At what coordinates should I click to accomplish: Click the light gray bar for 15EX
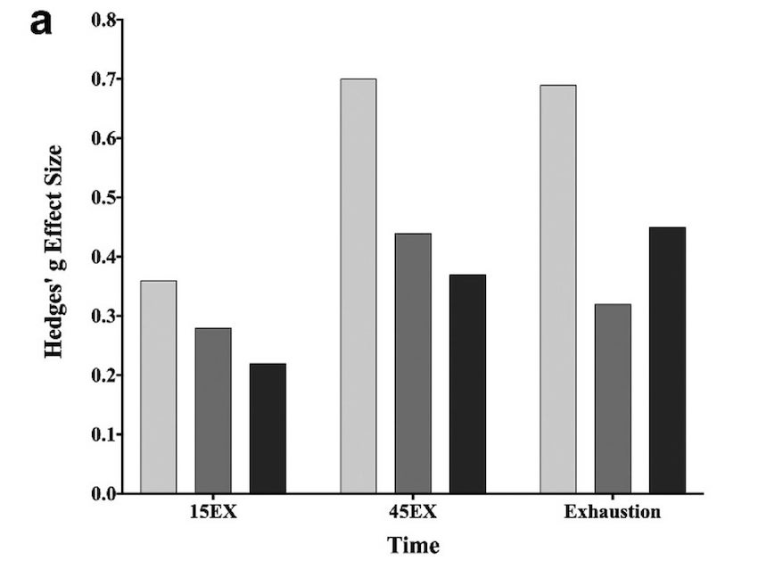pyautogui.click(x=158, y=387)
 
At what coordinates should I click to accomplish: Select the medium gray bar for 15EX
pyautogui.click(x=213, y=410)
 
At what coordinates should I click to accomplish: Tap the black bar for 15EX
pyautogui.click(x=268, y=428)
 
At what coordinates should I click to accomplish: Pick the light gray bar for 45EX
pyautogui.click(x=358, y=285)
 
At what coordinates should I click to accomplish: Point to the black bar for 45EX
pyautogui.click(x=467, y=383)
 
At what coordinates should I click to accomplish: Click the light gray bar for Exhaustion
pyautogui.click(x=558, y=289)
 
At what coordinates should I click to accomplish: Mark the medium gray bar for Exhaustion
pyautogui.click(x=613, y=399)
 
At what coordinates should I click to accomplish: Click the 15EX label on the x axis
pyautogui.click(x=213, y=513)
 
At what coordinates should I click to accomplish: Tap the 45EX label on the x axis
pyautogui.click(x=413, y=513)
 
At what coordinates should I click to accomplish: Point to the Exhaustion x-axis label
pyautogui.click(x=613, y=513)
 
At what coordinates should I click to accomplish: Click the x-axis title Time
pyautogui.click(x=413, y=545)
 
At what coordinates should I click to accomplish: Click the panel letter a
pyautogui.click(x=41, y=22)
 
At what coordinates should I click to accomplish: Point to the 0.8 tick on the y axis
pyautogui.click(x=104, y=21)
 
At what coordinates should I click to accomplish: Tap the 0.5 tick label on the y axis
pyautogui.click(x=104, y=198)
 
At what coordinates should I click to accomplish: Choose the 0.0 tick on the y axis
pyautogui.click(x=104, y=493)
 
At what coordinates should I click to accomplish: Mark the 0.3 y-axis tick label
pyautogui.click(x=104, y=317)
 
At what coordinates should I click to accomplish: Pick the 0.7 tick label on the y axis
pyautogui.click(x=104, y=79)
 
